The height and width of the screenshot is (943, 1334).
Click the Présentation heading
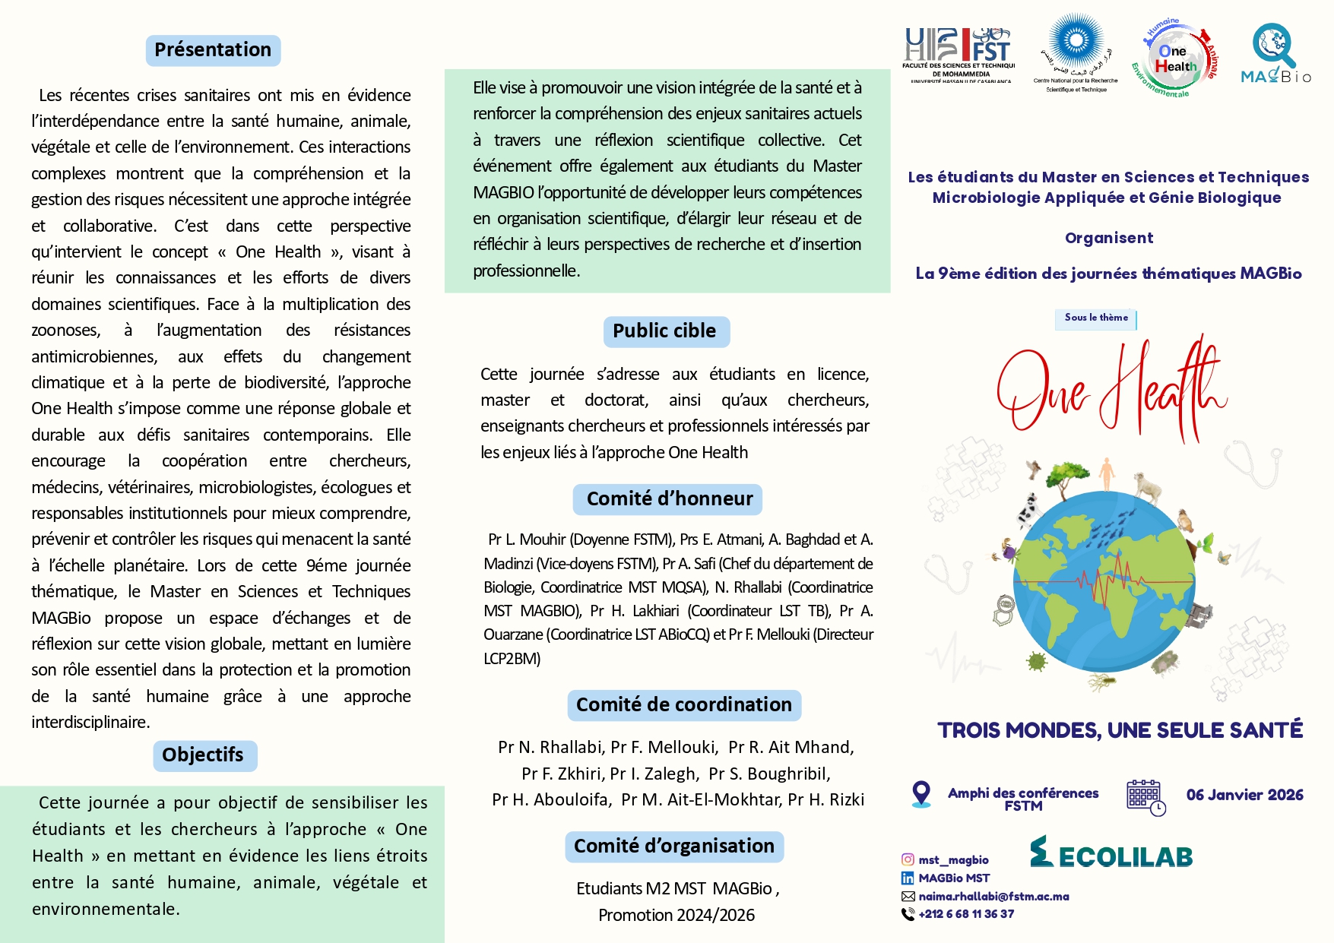pyautogui.click(x=213, y=50)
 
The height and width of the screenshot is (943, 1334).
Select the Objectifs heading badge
pyautogui.click(x=204, y=755)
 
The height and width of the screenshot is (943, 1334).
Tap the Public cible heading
pyautogui.click(x=665, y=331)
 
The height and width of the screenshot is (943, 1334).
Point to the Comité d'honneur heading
pyautogui.click(x=668, y=499)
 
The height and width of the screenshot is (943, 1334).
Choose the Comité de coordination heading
pyautogui.click(x=683, y=705)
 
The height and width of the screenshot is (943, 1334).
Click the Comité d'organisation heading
pyautogui.click(x=673, y=846)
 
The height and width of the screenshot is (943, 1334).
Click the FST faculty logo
pyautogui.click(x=959, y=55)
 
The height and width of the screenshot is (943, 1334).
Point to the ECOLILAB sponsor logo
pyautogui.click(x=1111, y=853)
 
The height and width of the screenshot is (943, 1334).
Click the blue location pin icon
pyautogui.click(x=920, y=794)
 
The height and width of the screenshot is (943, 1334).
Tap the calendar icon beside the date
pyautogui.click(x=1145, y=796)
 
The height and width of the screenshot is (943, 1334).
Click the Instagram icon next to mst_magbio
pyautogui.click(x=908, y=859)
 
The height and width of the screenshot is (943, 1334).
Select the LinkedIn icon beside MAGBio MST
pyautogui.click(x=908, y=878)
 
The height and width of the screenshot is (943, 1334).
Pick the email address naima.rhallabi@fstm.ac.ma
pyautogui.click(x=993, y=897)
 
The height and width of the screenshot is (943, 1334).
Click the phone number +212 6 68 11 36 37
pyautogui.click(x=966, y=914)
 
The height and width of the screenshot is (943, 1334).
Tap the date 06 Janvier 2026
pyautogui.click(x=1244, y=795)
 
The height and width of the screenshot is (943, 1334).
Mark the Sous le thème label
pyautogui.click(x=1096, y=318)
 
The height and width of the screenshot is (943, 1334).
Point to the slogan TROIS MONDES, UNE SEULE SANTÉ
pyautogui.click(x=1120, y=730)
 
